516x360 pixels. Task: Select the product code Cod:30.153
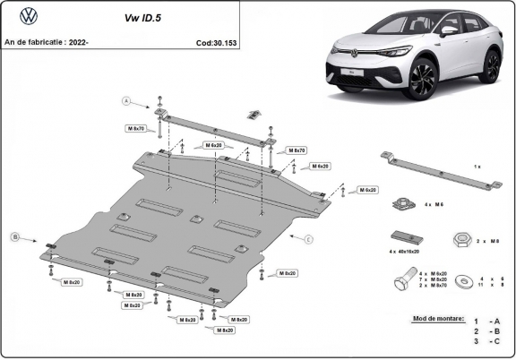(216, 41)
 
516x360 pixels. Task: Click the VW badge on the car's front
(342, 51)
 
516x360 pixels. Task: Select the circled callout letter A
(126, 100)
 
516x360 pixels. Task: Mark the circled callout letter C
(307, 239)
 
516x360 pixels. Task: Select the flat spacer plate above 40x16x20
(405, 237)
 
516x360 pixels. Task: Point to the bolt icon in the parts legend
(403, 281)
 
